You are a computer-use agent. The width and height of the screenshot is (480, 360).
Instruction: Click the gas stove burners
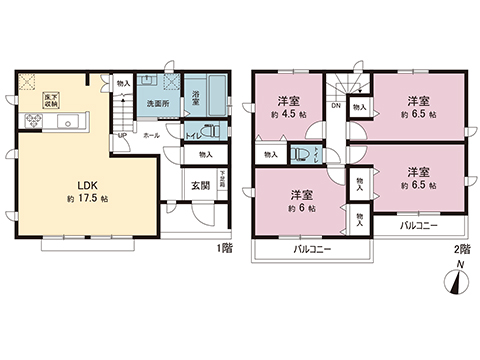[31, 121]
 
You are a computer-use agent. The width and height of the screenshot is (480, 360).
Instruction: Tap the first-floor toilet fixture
[211, 132]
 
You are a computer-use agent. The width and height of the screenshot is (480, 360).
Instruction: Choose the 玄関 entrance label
[200, 185]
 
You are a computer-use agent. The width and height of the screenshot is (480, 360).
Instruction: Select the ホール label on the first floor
[151, 135]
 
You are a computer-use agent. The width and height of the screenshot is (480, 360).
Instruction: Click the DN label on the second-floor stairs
[336, 105]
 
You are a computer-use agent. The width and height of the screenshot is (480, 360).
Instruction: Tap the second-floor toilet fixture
[299, 153]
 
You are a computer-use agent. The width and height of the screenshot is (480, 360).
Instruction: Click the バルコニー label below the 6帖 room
[314, 246]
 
